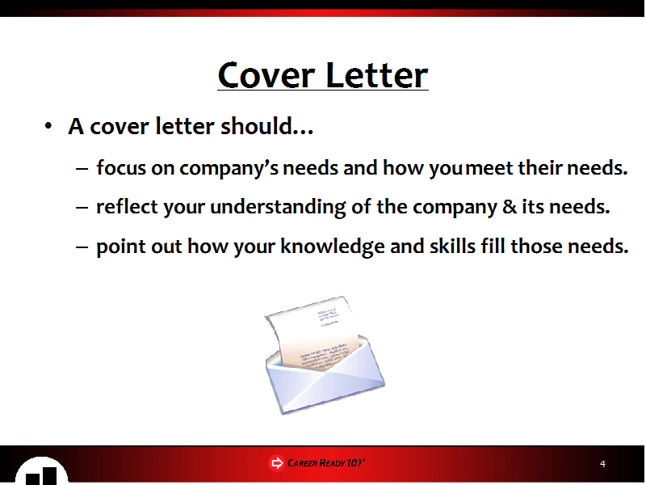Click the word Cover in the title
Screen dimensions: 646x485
[266, 75]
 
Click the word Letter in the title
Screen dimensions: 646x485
[376, 75]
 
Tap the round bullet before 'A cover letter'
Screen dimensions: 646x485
[48, 126]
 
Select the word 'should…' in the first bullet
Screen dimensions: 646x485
[267, 126]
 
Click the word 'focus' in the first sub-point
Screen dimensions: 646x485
[121, 167]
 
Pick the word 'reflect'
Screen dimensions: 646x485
[127, 206]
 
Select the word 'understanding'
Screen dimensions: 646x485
[278, 207]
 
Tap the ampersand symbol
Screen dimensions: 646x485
[510, 207]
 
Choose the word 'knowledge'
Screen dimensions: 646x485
[333, 247]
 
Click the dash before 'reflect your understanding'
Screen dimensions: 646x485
[82, 207]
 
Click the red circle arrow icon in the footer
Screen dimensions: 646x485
[276, 462]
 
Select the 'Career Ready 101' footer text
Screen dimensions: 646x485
[326, 462]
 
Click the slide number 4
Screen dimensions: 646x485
[602, 464]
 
